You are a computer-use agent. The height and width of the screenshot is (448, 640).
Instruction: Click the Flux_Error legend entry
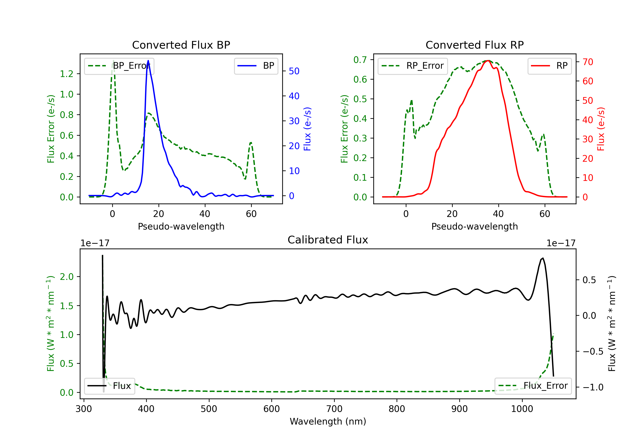[x=533, y=386]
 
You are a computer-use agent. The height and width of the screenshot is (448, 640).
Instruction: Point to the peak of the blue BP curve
[x=148, y=61]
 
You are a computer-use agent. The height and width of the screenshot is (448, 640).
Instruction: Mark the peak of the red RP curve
[x=488, y=61]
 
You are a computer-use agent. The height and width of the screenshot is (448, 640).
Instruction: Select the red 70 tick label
[x=588, y=62]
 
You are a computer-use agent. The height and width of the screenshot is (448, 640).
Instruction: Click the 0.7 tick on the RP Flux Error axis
[x=360, y=60]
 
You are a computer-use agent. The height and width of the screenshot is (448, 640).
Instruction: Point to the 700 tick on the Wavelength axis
[x=334, y=409]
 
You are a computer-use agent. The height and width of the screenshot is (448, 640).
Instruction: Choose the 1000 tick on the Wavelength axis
[x=522, y=409]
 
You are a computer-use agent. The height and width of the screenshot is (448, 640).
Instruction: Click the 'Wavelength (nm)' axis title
[x=328, y=422]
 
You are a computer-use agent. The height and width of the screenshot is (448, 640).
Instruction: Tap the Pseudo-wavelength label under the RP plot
[x=474, y=226]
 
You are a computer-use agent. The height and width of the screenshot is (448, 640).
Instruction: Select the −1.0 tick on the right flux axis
[x=593, y=387]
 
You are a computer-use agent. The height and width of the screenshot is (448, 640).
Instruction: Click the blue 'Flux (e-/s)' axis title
[x=307, y=129]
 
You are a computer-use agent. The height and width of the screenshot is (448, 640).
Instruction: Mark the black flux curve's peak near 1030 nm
[x=543, y=258]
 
